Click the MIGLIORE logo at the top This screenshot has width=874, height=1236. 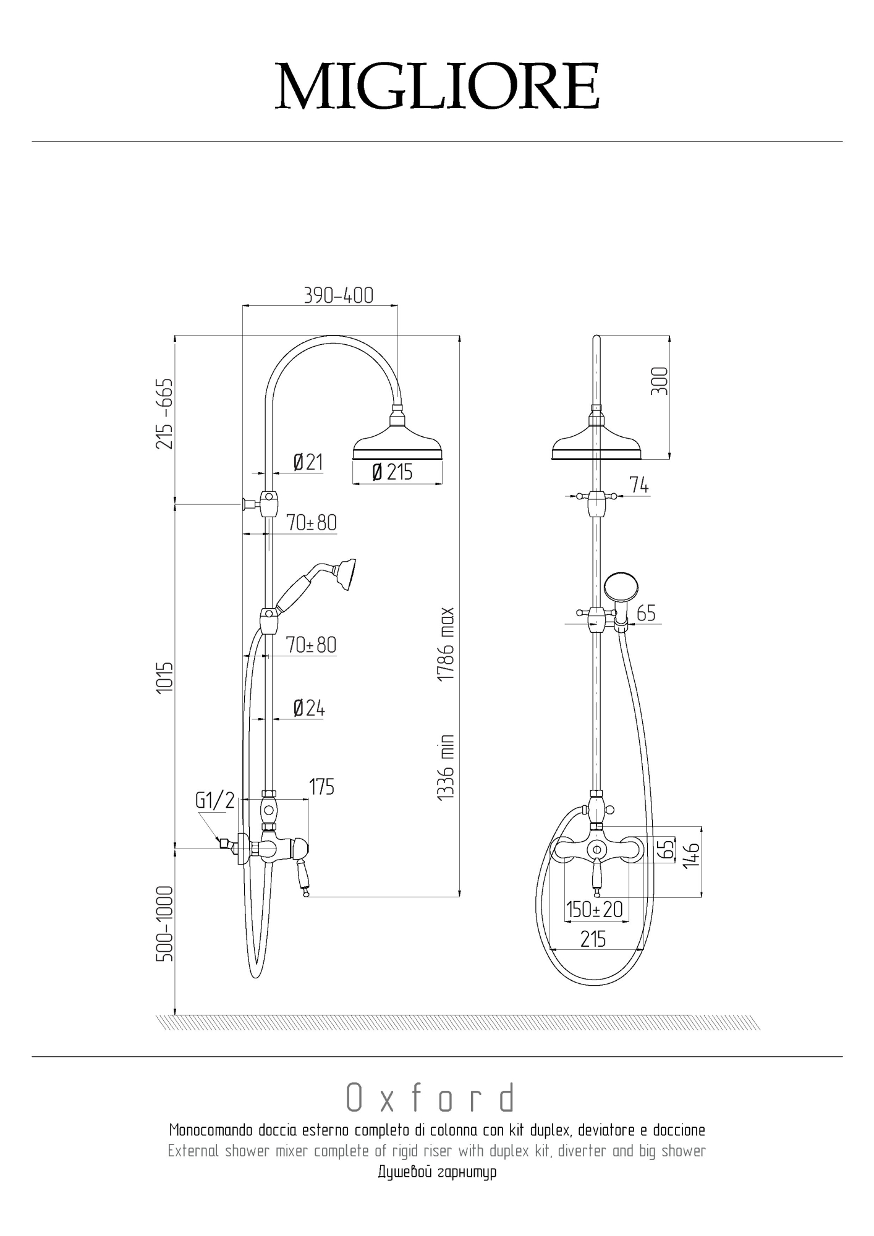[x=437, y=85]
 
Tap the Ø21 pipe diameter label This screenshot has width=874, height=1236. [x=308, y=462]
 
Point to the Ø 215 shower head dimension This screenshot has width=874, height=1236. [x=392, y=473]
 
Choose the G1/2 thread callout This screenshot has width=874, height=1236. [x=215, y=800]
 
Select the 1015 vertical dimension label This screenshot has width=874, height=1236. [x=164, y=677]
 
